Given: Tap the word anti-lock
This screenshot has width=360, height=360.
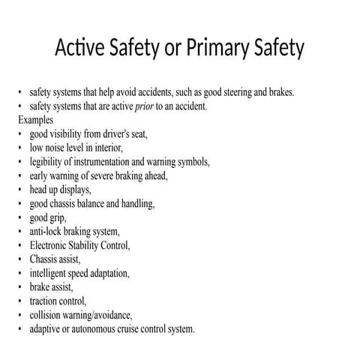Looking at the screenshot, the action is [x=49, y=232].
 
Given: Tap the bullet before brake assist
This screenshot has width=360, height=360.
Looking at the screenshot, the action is [x=20, y=287].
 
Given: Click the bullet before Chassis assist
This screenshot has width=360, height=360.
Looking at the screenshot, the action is [x=20, y=259].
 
